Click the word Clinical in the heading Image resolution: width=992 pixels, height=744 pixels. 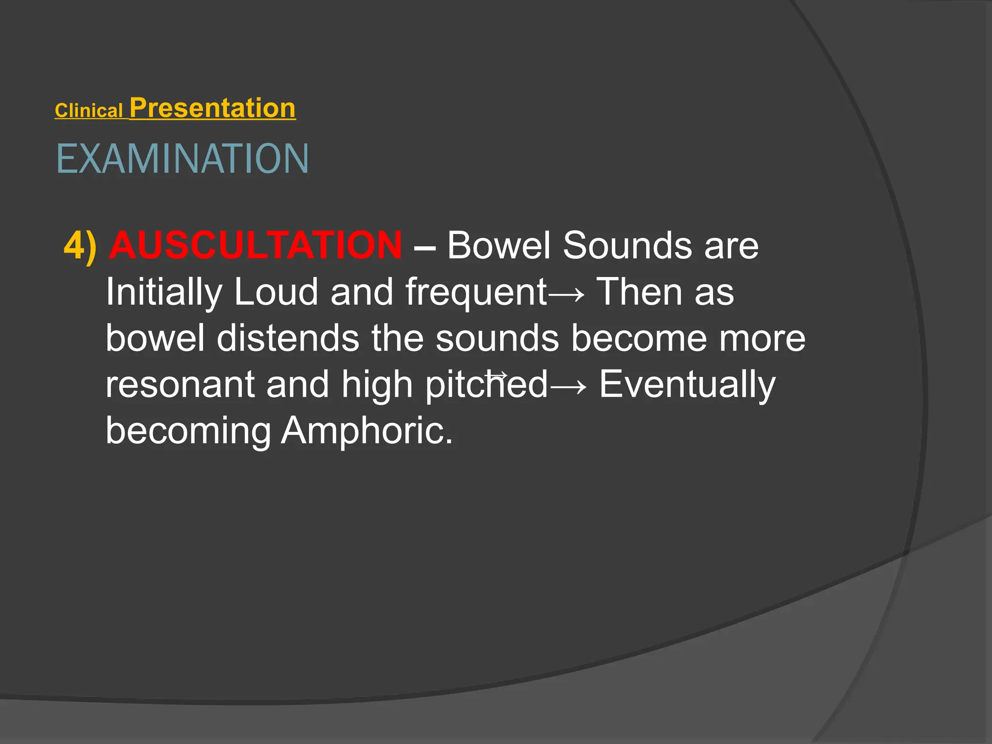tap(88, 111)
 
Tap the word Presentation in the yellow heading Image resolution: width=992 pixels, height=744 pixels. tap(212, 108)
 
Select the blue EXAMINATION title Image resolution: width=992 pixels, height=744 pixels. tap(182, 159)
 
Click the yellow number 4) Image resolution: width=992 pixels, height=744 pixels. tap(80, 246)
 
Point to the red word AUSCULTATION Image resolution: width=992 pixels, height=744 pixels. tap(255, 245)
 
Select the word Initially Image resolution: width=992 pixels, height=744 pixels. tap(164, 292)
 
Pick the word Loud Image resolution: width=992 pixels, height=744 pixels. tap(276, 292)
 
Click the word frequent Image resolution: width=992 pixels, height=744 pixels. tap(476, 292)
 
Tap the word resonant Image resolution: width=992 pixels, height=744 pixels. tap(180, 384)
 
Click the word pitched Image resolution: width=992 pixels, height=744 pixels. tap(486, 385)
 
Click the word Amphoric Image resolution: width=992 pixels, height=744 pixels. tap(367, 431)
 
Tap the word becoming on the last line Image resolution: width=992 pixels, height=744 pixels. tap(188, 431)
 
